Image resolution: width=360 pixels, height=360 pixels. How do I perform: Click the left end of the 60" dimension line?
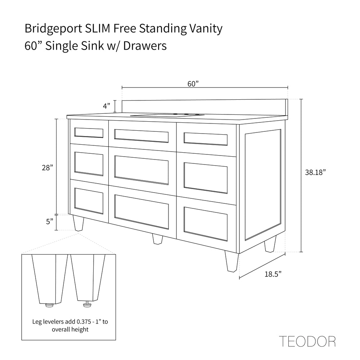tap(122, 87)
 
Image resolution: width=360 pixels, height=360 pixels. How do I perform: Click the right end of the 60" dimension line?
tap(288, 87)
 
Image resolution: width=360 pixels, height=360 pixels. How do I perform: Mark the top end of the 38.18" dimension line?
tap(302, 99)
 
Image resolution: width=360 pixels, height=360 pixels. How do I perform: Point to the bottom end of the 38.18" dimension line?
tap(302, 252)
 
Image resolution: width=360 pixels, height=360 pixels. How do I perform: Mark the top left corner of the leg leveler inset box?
tap(22, 254)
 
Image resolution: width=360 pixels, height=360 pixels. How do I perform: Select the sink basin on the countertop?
tap(167, 115)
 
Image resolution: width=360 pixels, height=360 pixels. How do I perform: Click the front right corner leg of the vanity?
tap(231, 261)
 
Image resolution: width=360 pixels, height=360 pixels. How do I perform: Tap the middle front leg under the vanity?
tap(158, 239)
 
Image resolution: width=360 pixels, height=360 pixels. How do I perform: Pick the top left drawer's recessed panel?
tap(89, 133)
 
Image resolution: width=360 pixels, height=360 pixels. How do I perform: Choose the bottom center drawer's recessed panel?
tap(141, 211)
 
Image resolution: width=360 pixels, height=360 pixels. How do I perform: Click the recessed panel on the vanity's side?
tap(263, 185)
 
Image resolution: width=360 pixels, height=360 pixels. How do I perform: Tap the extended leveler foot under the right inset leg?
tap(87, 304)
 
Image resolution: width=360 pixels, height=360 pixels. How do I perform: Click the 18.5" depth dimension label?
tap(273, 274)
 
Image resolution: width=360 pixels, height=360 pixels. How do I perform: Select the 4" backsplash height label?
tap(107, 106)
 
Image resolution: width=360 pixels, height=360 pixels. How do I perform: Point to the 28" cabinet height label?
tap(48, 168)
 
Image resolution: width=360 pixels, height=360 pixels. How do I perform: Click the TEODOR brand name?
tap(307, 341)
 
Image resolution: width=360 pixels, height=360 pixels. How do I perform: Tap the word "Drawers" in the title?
tap(145, 46)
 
